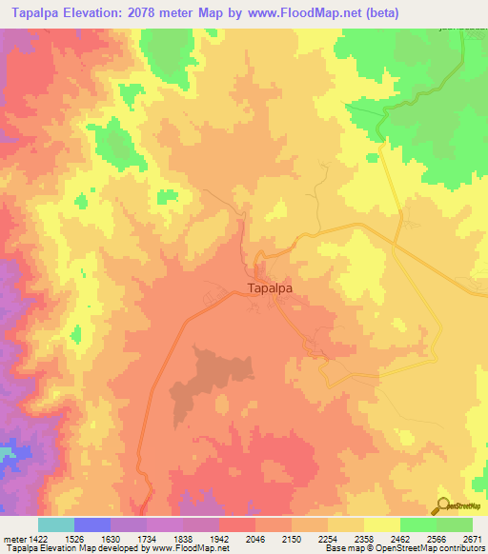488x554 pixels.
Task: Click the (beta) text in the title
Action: pyautogui.click(x=378, y=12)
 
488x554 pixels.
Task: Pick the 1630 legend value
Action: pyautogui.click(x=111, y=540)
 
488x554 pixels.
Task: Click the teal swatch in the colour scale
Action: pyautogui.click(x=55, y=524)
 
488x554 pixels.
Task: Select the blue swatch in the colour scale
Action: pyautogui.click(x=91, y=524)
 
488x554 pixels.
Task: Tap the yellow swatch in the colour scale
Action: pyautogui.click(x=381, y=524)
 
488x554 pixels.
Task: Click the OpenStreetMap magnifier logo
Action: pyautogui.click(x=443, y=506)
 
